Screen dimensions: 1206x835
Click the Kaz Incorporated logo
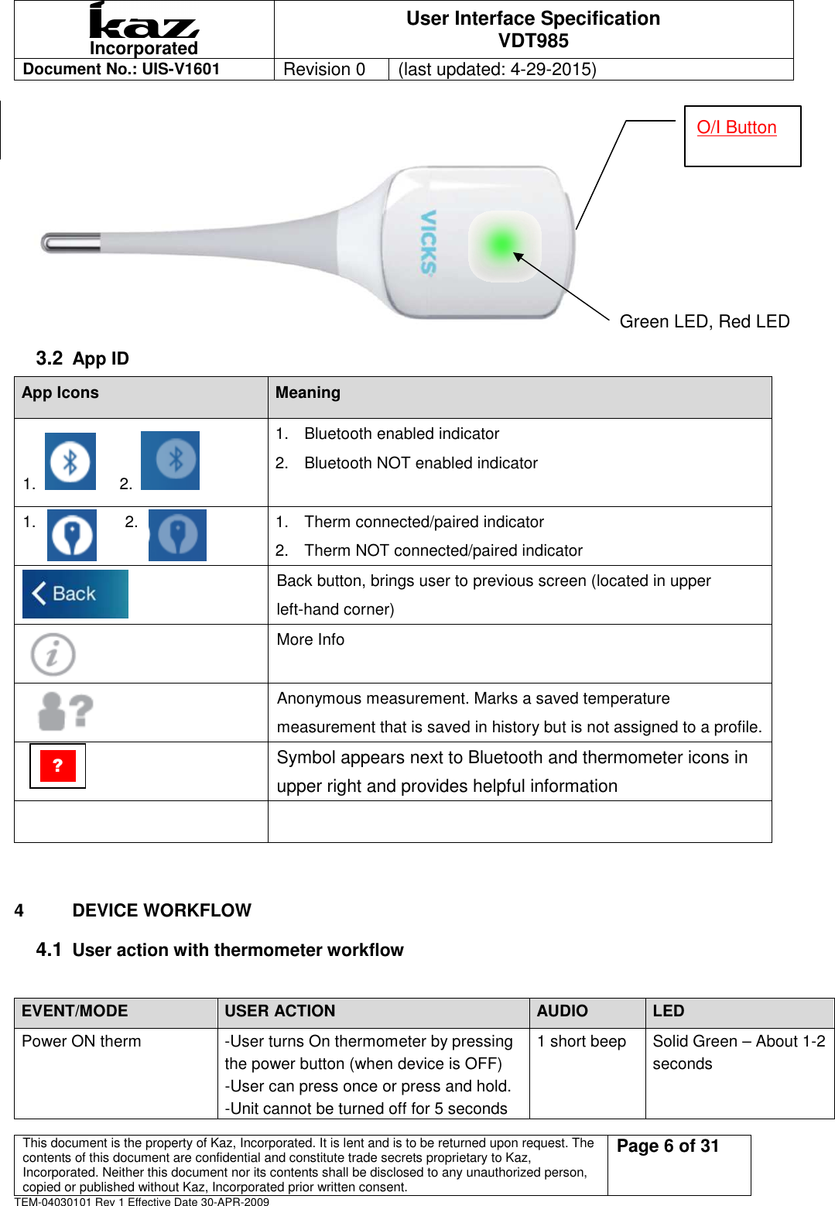coord(144,29)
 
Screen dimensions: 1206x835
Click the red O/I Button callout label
coord(736,128)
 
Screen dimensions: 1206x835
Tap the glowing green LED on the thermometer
coord(501,245)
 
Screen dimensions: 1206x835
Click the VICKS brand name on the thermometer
coord(428,242)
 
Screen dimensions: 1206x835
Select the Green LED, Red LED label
coord(704,321)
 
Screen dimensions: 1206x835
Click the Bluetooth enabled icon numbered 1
coord(70,461)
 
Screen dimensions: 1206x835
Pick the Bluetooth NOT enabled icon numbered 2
coord(170,461)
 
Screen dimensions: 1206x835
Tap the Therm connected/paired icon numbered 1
coord(72,535)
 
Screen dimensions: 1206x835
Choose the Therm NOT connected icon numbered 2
coord(177,535)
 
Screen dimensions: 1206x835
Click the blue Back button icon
coord(75,594)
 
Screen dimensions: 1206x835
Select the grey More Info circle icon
coord(53,654)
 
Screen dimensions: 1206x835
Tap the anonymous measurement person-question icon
coord(66,711)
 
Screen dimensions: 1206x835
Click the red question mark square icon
coord(57,766)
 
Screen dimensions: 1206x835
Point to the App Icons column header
coord(60,392)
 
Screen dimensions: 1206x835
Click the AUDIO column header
coord(563,1011)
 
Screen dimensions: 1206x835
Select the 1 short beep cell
coord(582,1041)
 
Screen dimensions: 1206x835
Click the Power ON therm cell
coord(81,1041)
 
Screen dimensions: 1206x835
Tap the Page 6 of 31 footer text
coord(668,1146)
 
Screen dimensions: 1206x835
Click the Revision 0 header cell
coord(324,69)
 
